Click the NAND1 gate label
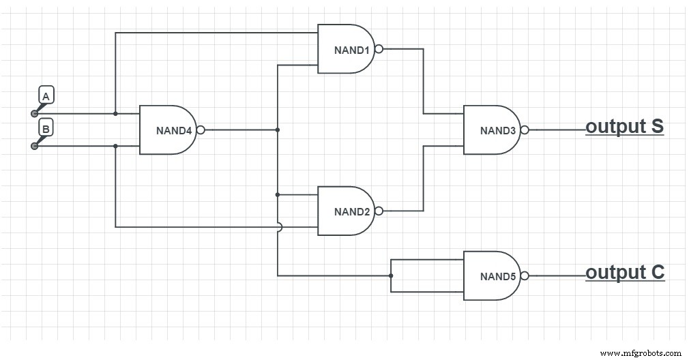tap(351, 50)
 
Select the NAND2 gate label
tap(351, 211)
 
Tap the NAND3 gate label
tap(497, 130)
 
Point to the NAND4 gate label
tap(174, 130)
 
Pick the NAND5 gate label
tap(497, 276)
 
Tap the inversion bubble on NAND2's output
tap(379, 211)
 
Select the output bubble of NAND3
tap(524, 130)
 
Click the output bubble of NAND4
tap(201, 130)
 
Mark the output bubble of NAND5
tap(524, 275)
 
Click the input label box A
tap(46, 95)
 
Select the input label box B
tap(46, 128)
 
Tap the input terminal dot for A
tap(33, 113)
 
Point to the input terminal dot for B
tap(33, 146)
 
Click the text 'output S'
tap(624, 127)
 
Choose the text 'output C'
tap(624, 273)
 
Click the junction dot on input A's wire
tap(115, 113)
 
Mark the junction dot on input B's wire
tap(115, 146)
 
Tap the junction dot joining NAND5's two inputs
tap(390, 275)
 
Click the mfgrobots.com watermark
tap(640, 352)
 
